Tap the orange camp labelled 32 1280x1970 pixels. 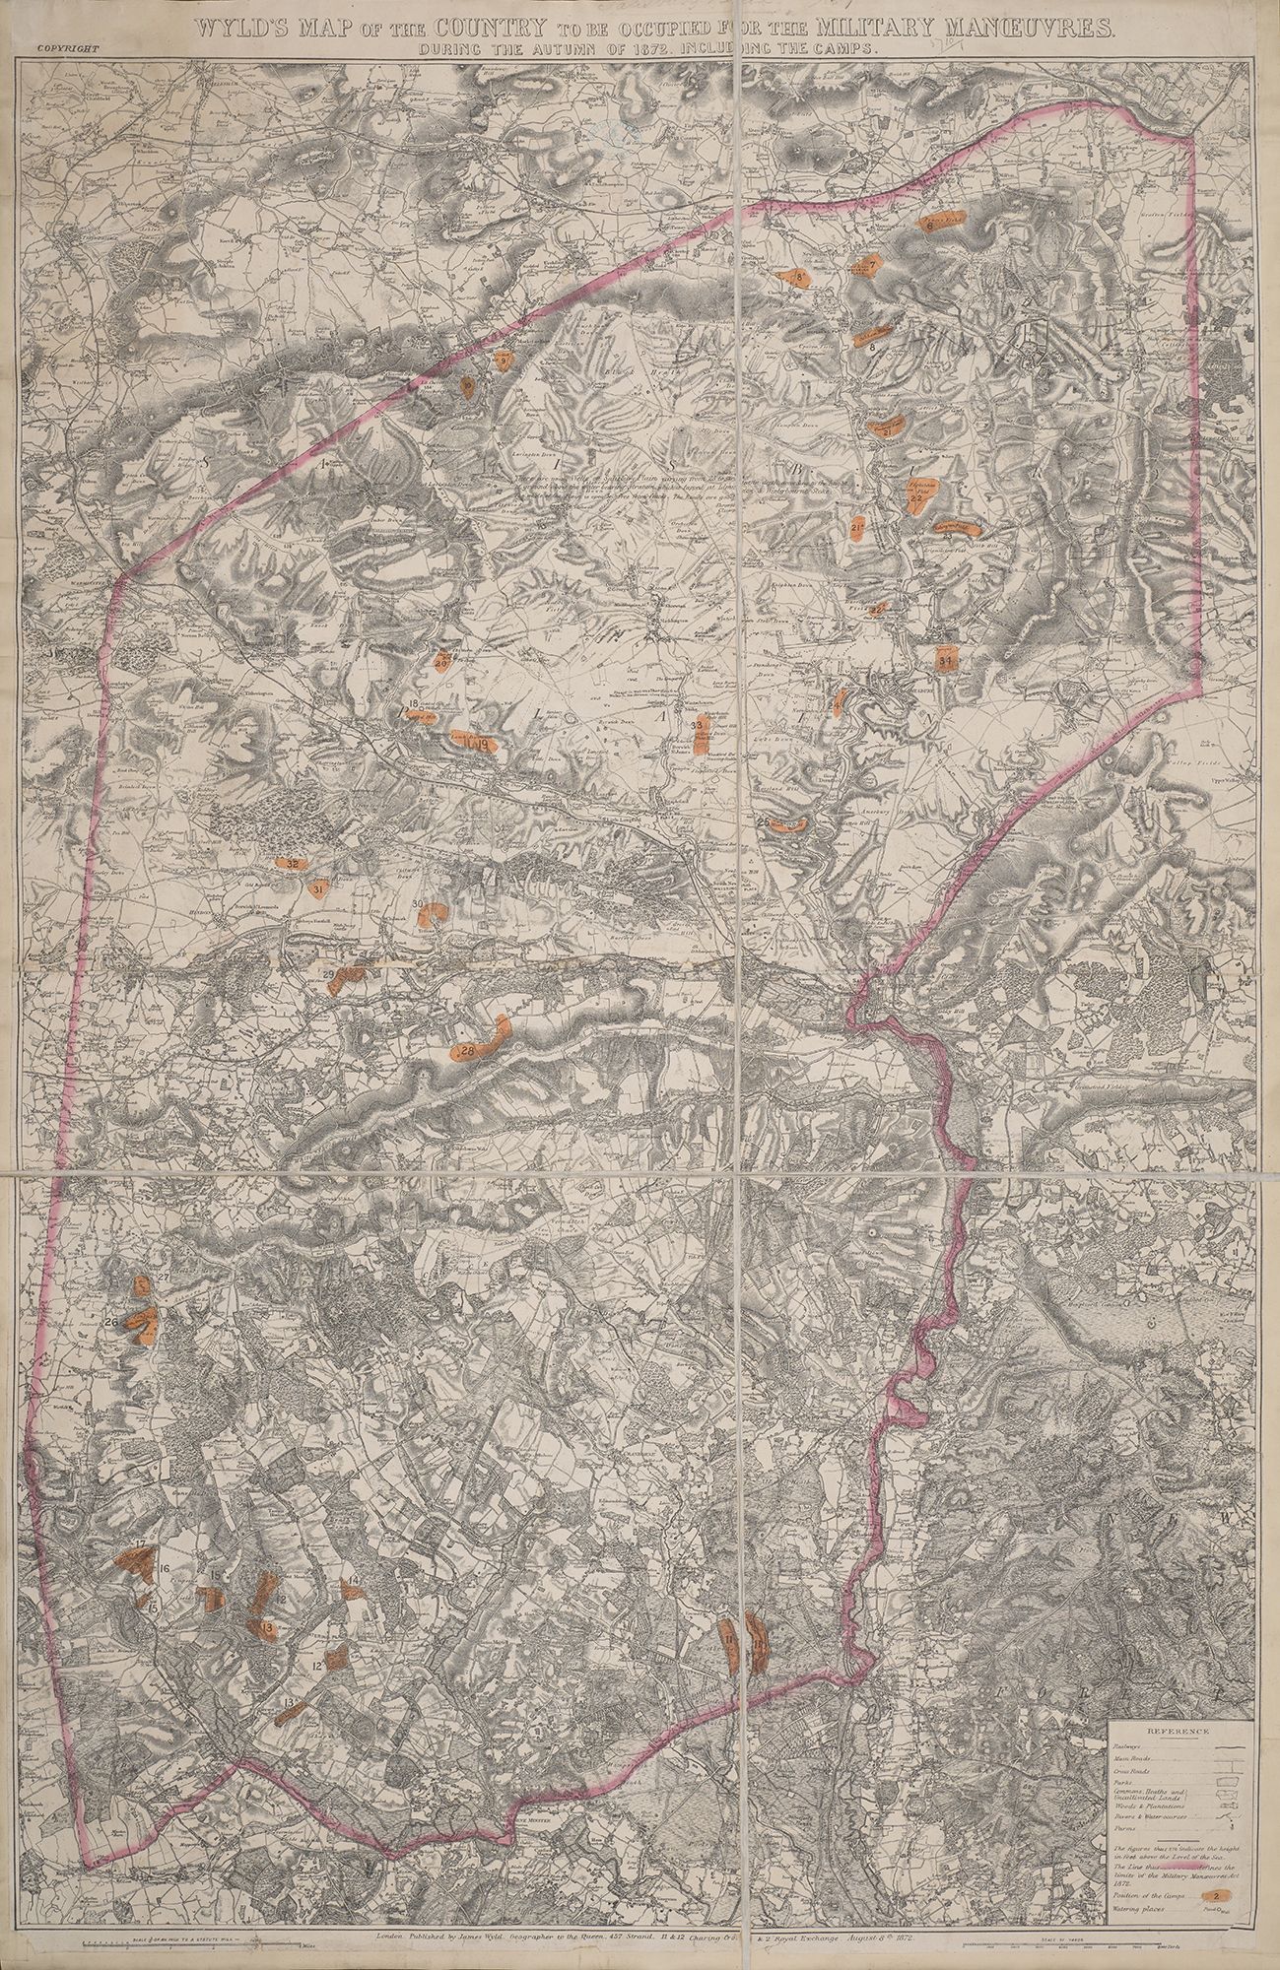click(293, 863)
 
